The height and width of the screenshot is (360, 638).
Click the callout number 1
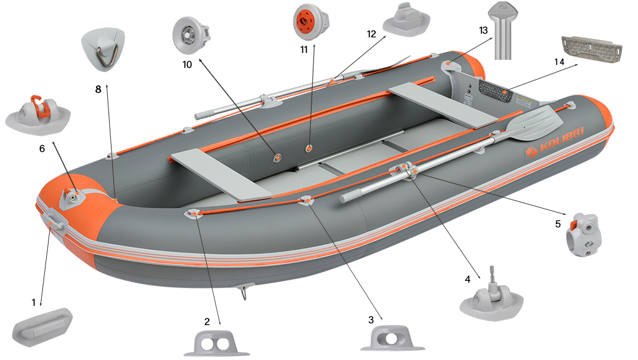33,302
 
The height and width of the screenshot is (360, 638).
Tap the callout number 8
98,89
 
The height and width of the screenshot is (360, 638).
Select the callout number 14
559,62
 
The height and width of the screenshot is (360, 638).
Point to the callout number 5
558,223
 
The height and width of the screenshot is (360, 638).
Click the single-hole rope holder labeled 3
393,339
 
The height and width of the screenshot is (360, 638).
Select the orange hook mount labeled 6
37,112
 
